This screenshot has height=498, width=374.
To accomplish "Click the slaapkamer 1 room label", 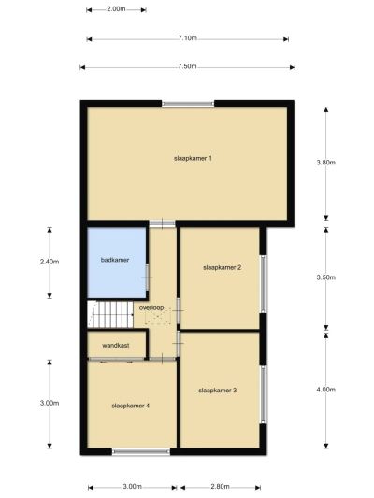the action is click(x=193, y=158).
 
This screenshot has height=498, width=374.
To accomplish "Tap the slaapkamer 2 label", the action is click(x=223, y=268).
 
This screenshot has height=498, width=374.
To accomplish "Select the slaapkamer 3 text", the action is click(x=218, y=391).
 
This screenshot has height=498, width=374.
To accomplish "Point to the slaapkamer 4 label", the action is click(x=131, y=406).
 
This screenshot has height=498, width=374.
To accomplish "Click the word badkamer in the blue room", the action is click(x=115, y=260).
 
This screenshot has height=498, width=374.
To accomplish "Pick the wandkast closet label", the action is click(x=116, y=345).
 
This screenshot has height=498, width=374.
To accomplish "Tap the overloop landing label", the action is click(x=151, y=307).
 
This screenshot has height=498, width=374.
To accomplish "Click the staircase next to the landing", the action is click(x=110, y=314).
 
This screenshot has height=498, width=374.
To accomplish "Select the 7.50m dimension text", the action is click(x=187, y=66).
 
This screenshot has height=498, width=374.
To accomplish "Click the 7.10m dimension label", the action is click(x=187, y=38).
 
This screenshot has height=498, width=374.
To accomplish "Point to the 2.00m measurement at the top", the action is click(x=116, y=9).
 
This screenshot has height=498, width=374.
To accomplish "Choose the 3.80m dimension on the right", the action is click(x=325, y=163).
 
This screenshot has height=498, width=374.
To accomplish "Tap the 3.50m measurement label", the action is click(x=325, y=277).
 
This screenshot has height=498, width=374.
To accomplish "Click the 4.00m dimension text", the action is click(x=325, y=390).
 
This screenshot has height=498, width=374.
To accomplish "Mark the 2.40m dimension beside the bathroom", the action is click(x=50, y=262).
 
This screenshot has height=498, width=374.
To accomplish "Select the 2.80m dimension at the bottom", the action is click(x=220, y=487).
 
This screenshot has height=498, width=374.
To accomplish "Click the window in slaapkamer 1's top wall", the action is click(x=188, y=104).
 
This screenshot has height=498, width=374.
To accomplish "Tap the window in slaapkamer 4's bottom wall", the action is click(x=141, y=451).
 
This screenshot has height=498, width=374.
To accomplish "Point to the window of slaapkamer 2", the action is click(x=264, y=284).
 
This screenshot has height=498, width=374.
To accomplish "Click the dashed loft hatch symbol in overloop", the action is click(x=158, y=318).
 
